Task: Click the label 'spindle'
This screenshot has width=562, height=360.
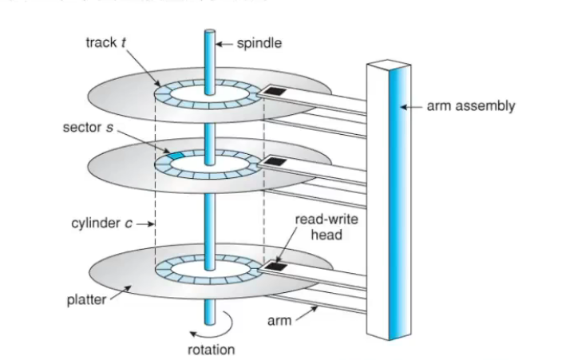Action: tap(258, 42)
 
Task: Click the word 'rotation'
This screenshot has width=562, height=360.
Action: tap(211, 349)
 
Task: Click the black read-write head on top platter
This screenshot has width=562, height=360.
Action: tap(275, 92)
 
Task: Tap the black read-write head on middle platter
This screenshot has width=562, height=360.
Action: tap(275, 163)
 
